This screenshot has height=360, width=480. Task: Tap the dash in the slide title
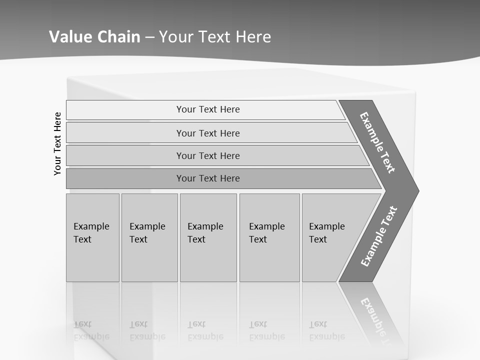coord(149,37)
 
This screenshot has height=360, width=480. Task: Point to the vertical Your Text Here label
coord(57,143)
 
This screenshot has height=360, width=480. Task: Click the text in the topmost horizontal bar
coord(208,109)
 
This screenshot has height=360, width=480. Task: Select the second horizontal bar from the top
coord(208,133)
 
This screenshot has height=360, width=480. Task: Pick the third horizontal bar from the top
coord(208,155)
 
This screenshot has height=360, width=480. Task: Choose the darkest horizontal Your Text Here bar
coord(208,178)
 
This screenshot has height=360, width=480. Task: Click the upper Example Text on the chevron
coord(377,142)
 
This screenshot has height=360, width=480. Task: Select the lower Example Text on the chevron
coord(379,236)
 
